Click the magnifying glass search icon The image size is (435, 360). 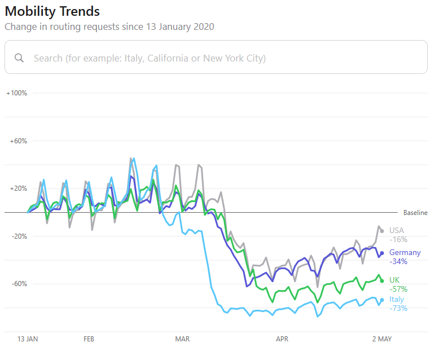(19, 58)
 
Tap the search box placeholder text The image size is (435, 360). (150, 58)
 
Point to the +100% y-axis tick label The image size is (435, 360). (17, 93)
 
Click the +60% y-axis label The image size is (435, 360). (19, 141)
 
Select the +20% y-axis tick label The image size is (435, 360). (19, 188)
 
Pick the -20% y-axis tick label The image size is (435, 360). (19, 236)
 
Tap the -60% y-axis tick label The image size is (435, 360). (19, 284)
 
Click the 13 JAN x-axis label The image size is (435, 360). (28, 339)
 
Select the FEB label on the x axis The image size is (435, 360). (89, 339)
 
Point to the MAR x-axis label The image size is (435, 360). (182, 339)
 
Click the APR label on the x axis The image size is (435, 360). (282, 339)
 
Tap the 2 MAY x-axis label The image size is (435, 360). (382, 339)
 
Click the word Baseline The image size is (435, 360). (415, 213)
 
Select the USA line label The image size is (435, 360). (397, 230)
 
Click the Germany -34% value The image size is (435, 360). (398, 261)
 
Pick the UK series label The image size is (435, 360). (394, 280)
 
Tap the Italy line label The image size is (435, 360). (397, 300)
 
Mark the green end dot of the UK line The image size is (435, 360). (382, 281)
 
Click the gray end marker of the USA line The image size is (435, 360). (382, 231)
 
